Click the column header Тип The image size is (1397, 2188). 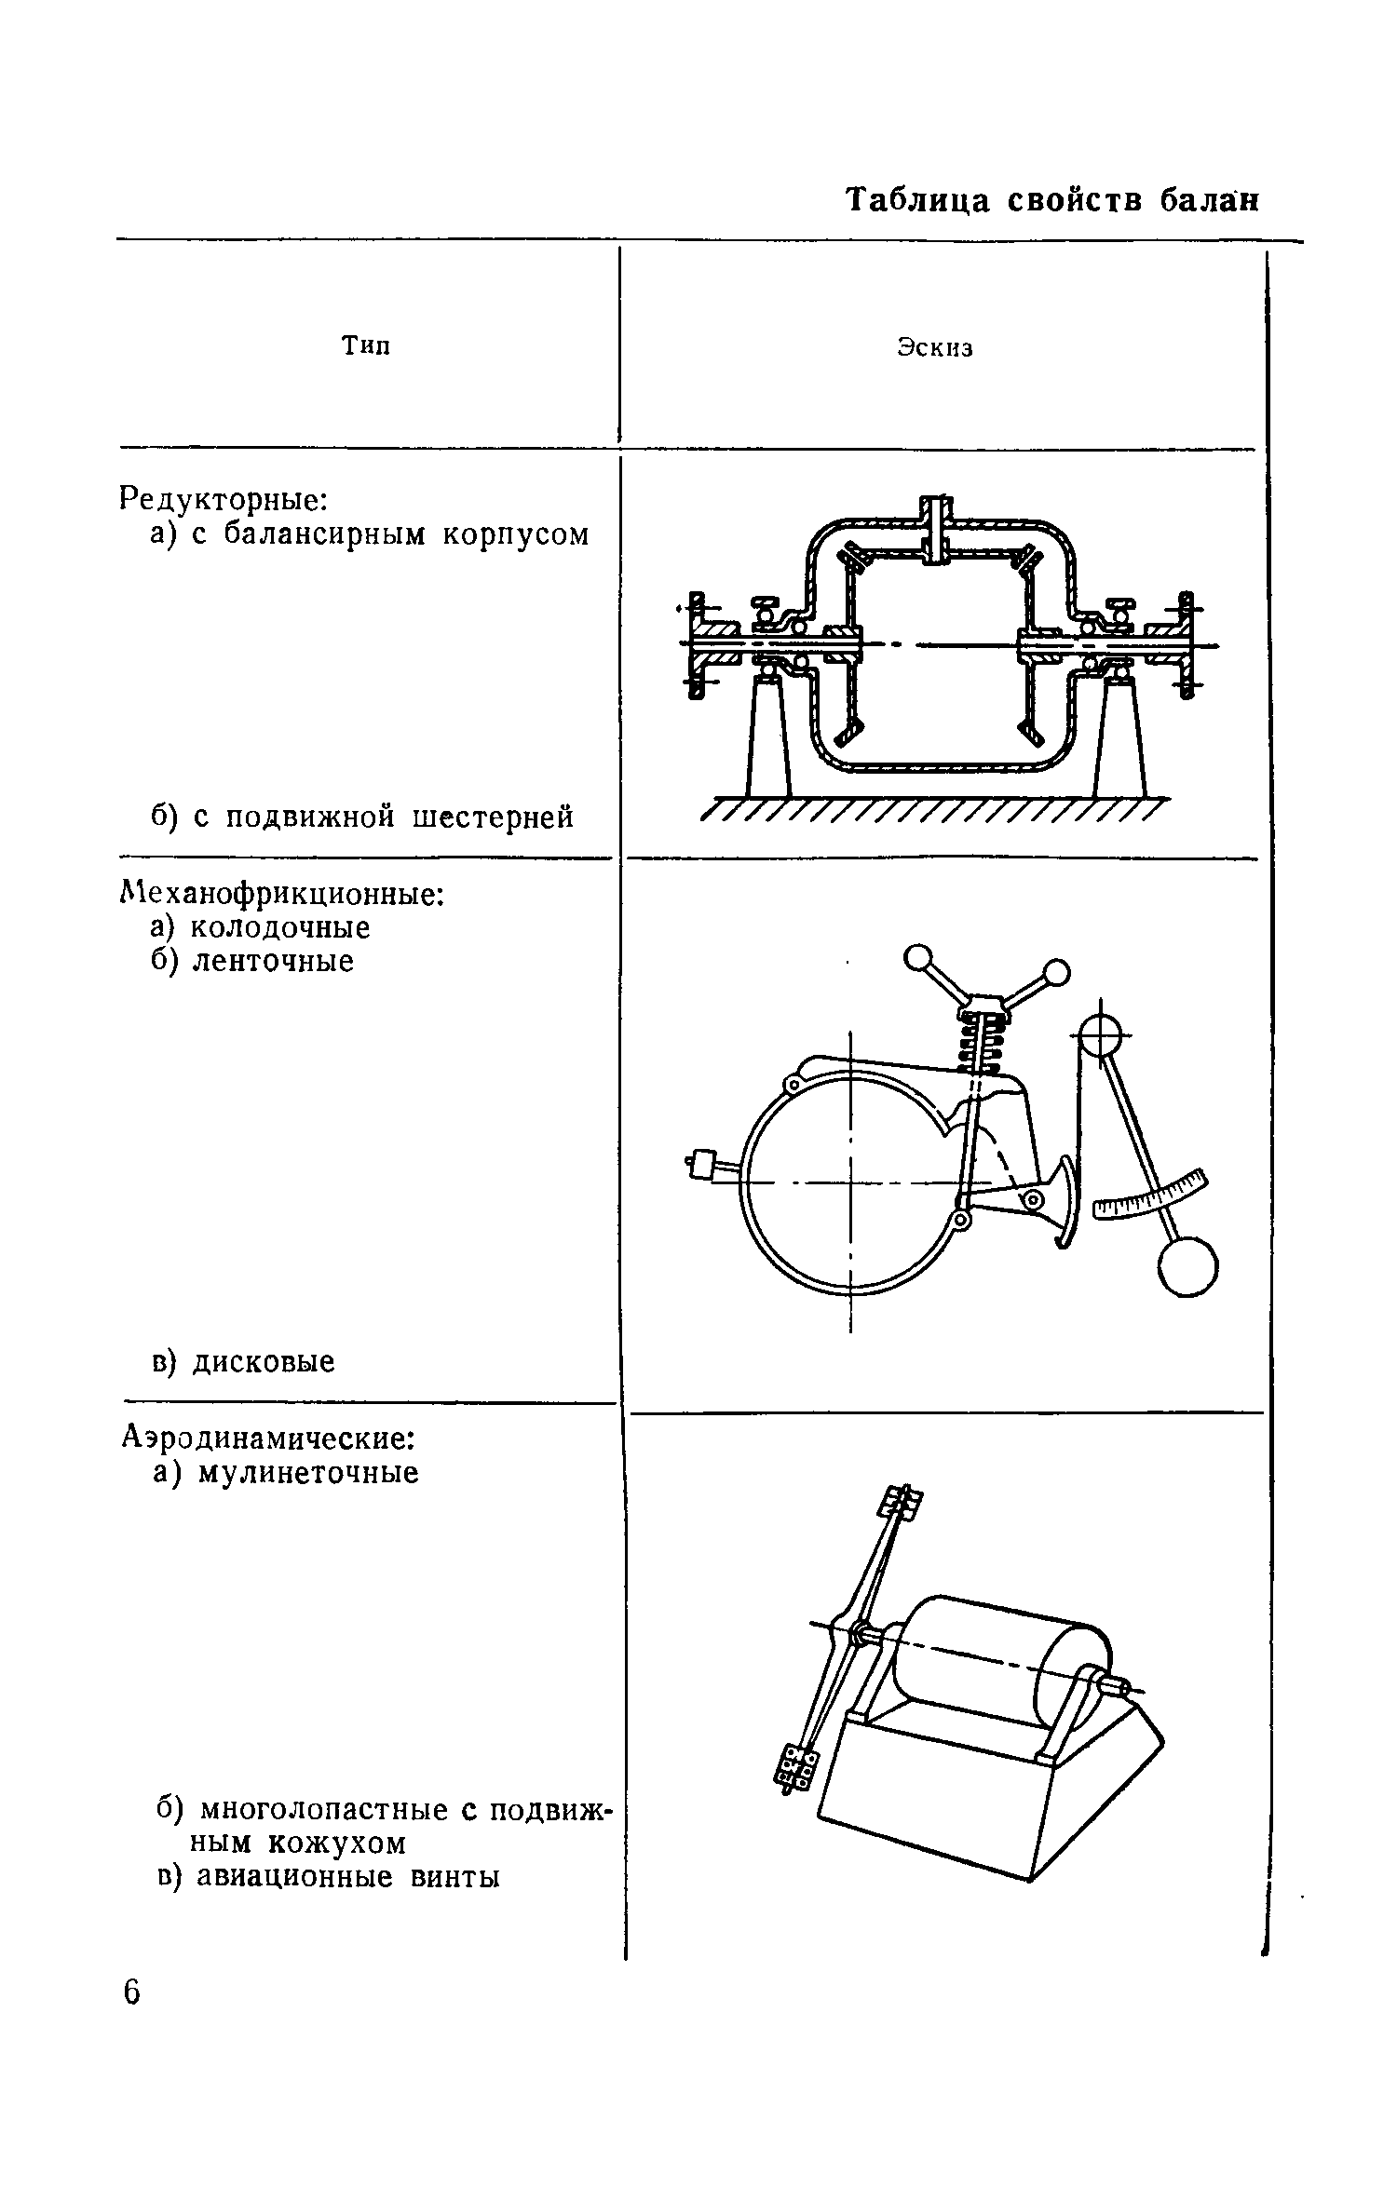[365, 346]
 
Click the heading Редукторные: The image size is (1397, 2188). [224, 499]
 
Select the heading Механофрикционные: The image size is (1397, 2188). [283, 894]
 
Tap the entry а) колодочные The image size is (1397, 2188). [261, 927]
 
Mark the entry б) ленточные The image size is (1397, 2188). [252, 961]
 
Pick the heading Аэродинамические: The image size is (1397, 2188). [268, 1438]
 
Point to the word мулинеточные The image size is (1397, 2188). [307, 1472]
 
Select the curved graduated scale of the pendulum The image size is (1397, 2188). [1151, 1195]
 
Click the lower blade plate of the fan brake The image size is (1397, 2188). [794, 1765]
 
